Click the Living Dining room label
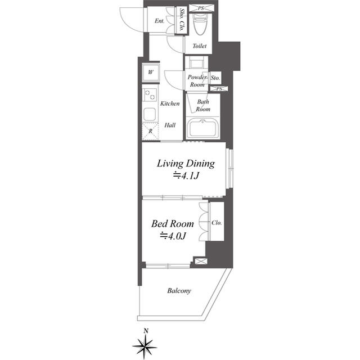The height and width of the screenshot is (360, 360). tap(186, 164)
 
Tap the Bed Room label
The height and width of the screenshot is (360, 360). tap(173, 224)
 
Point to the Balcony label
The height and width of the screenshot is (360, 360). tap(179, 291)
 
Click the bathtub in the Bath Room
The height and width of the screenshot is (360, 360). tap(202, 128)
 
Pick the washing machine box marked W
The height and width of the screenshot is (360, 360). tap(151, 73)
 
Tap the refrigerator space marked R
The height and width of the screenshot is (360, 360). tap(150, 131)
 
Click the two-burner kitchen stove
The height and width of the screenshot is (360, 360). tap(150, 95)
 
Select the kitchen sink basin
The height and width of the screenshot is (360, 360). tap(150, 114)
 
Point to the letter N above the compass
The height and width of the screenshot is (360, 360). tap(146, 331)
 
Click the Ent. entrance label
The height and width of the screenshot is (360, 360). tap(159, 21)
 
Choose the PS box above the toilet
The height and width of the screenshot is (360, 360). tap(201, 8)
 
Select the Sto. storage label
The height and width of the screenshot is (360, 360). tap(215, 78)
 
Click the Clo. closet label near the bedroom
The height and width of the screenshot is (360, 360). tap(217, 223)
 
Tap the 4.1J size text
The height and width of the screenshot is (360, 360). tap(186, 176)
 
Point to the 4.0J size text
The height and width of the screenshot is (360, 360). tap(173, 236)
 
